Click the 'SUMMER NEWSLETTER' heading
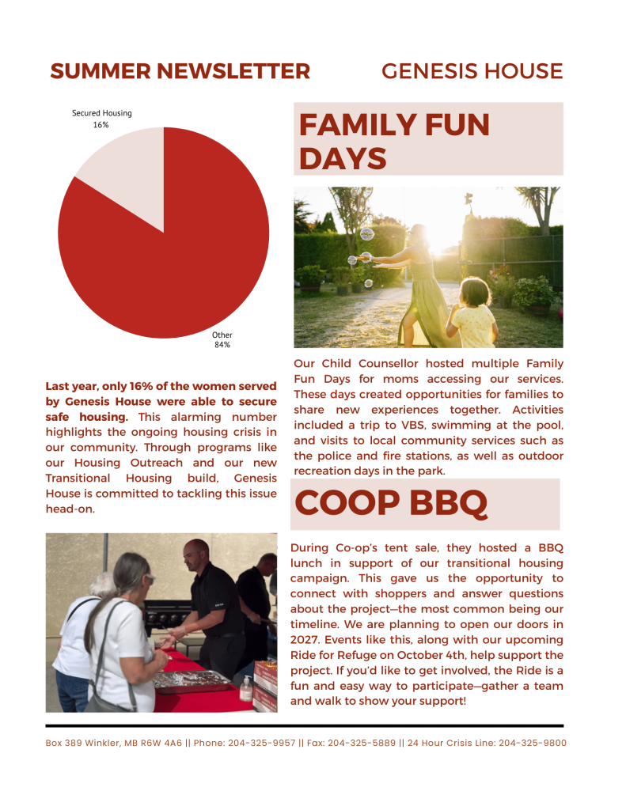pyautogui.click(x=180, y=71)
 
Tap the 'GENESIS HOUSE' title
pyautogui.click(x=472, y=71)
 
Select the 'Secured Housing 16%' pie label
pyautogui.click(x=102, y=119)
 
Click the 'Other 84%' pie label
pyautogui.click(x=222, y=340)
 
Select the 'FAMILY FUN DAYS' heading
pyautogui.click(x=394, y=141)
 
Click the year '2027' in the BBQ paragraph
pyautogui.click(x=309, y=640)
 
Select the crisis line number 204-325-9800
pyautogui.click(x=533, y=744)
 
